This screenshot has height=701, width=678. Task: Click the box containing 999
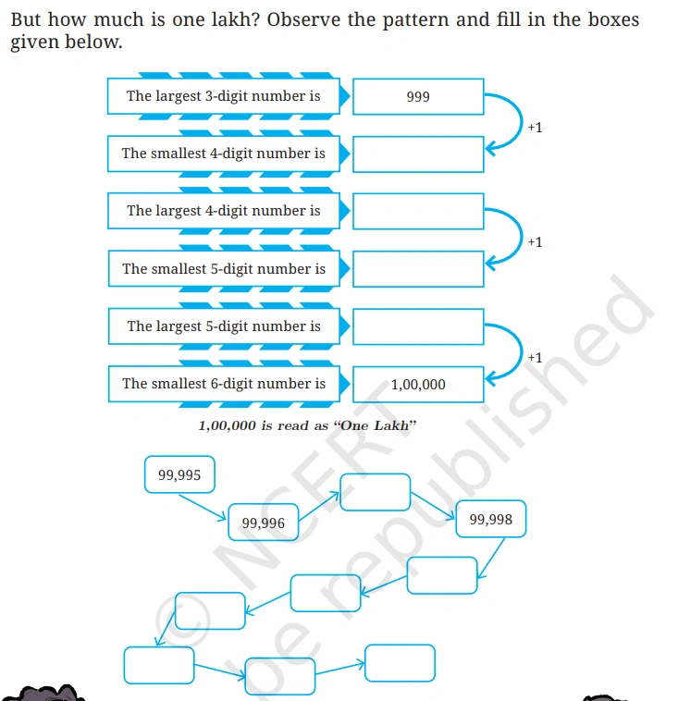tap(418, 96)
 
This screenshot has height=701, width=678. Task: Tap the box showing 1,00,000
tap(418, 385)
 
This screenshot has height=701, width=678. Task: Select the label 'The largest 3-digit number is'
tap(224, 96)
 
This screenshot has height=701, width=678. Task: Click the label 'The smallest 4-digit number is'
tap(224, 154)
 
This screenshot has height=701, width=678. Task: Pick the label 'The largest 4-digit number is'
tap(224, 211)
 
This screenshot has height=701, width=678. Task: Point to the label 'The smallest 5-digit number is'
tap(224, 269)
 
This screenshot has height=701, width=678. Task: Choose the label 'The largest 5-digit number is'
tap(224, 326)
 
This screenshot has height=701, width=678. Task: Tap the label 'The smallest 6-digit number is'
tap(224, 384)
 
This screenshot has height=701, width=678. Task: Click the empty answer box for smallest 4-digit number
tap(418, 154)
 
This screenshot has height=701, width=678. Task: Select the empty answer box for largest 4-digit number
tap(418, 212)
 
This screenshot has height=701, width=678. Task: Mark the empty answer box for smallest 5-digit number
tap(418, 269)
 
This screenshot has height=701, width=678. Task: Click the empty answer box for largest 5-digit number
tap(418, 326)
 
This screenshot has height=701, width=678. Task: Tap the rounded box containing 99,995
tap(179, 474)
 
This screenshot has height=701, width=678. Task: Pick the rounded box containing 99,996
tap(264, 523)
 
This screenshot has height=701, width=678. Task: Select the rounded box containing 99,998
tap(491, 519)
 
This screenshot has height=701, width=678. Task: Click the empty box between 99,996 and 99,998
tap(376, 492)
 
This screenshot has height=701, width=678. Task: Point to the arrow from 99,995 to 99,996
tap(203, 508)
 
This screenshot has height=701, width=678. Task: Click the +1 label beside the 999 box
tap(535, 128)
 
